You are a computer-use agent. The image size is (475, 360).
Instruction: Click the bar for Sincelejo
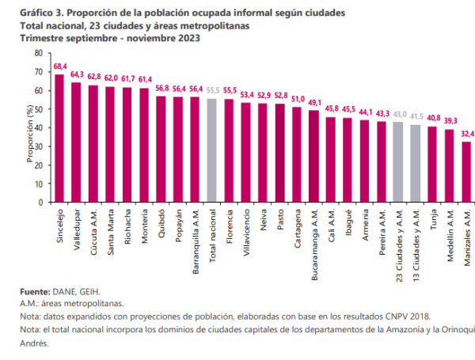59,138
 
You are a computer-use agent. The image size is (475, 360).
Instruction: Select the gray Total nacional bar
212,150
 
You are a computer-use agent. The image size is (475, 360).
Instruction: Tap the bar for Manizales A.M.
466,172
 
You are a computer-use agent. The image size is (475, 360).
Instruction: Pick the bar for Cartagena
297,154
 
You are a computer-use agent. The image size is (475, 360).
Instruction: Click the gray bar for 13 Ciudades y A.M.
416,163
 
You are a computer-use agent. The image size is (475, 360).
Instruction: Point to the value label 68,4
60,67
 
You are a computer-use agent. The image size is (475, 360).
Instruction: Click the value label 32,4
466,135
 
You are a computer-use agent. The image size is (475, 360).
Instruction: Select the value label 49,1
314,103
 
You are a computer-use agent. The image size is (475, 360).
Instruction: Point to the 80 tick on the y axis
39,53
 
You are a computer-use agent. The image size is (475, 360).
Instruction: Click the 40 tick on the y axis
39,127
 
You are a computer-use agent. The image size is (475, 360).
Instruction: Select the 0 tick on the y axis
41,202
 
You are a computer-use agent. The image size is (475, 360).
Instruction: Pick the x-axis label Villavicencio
246,233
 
